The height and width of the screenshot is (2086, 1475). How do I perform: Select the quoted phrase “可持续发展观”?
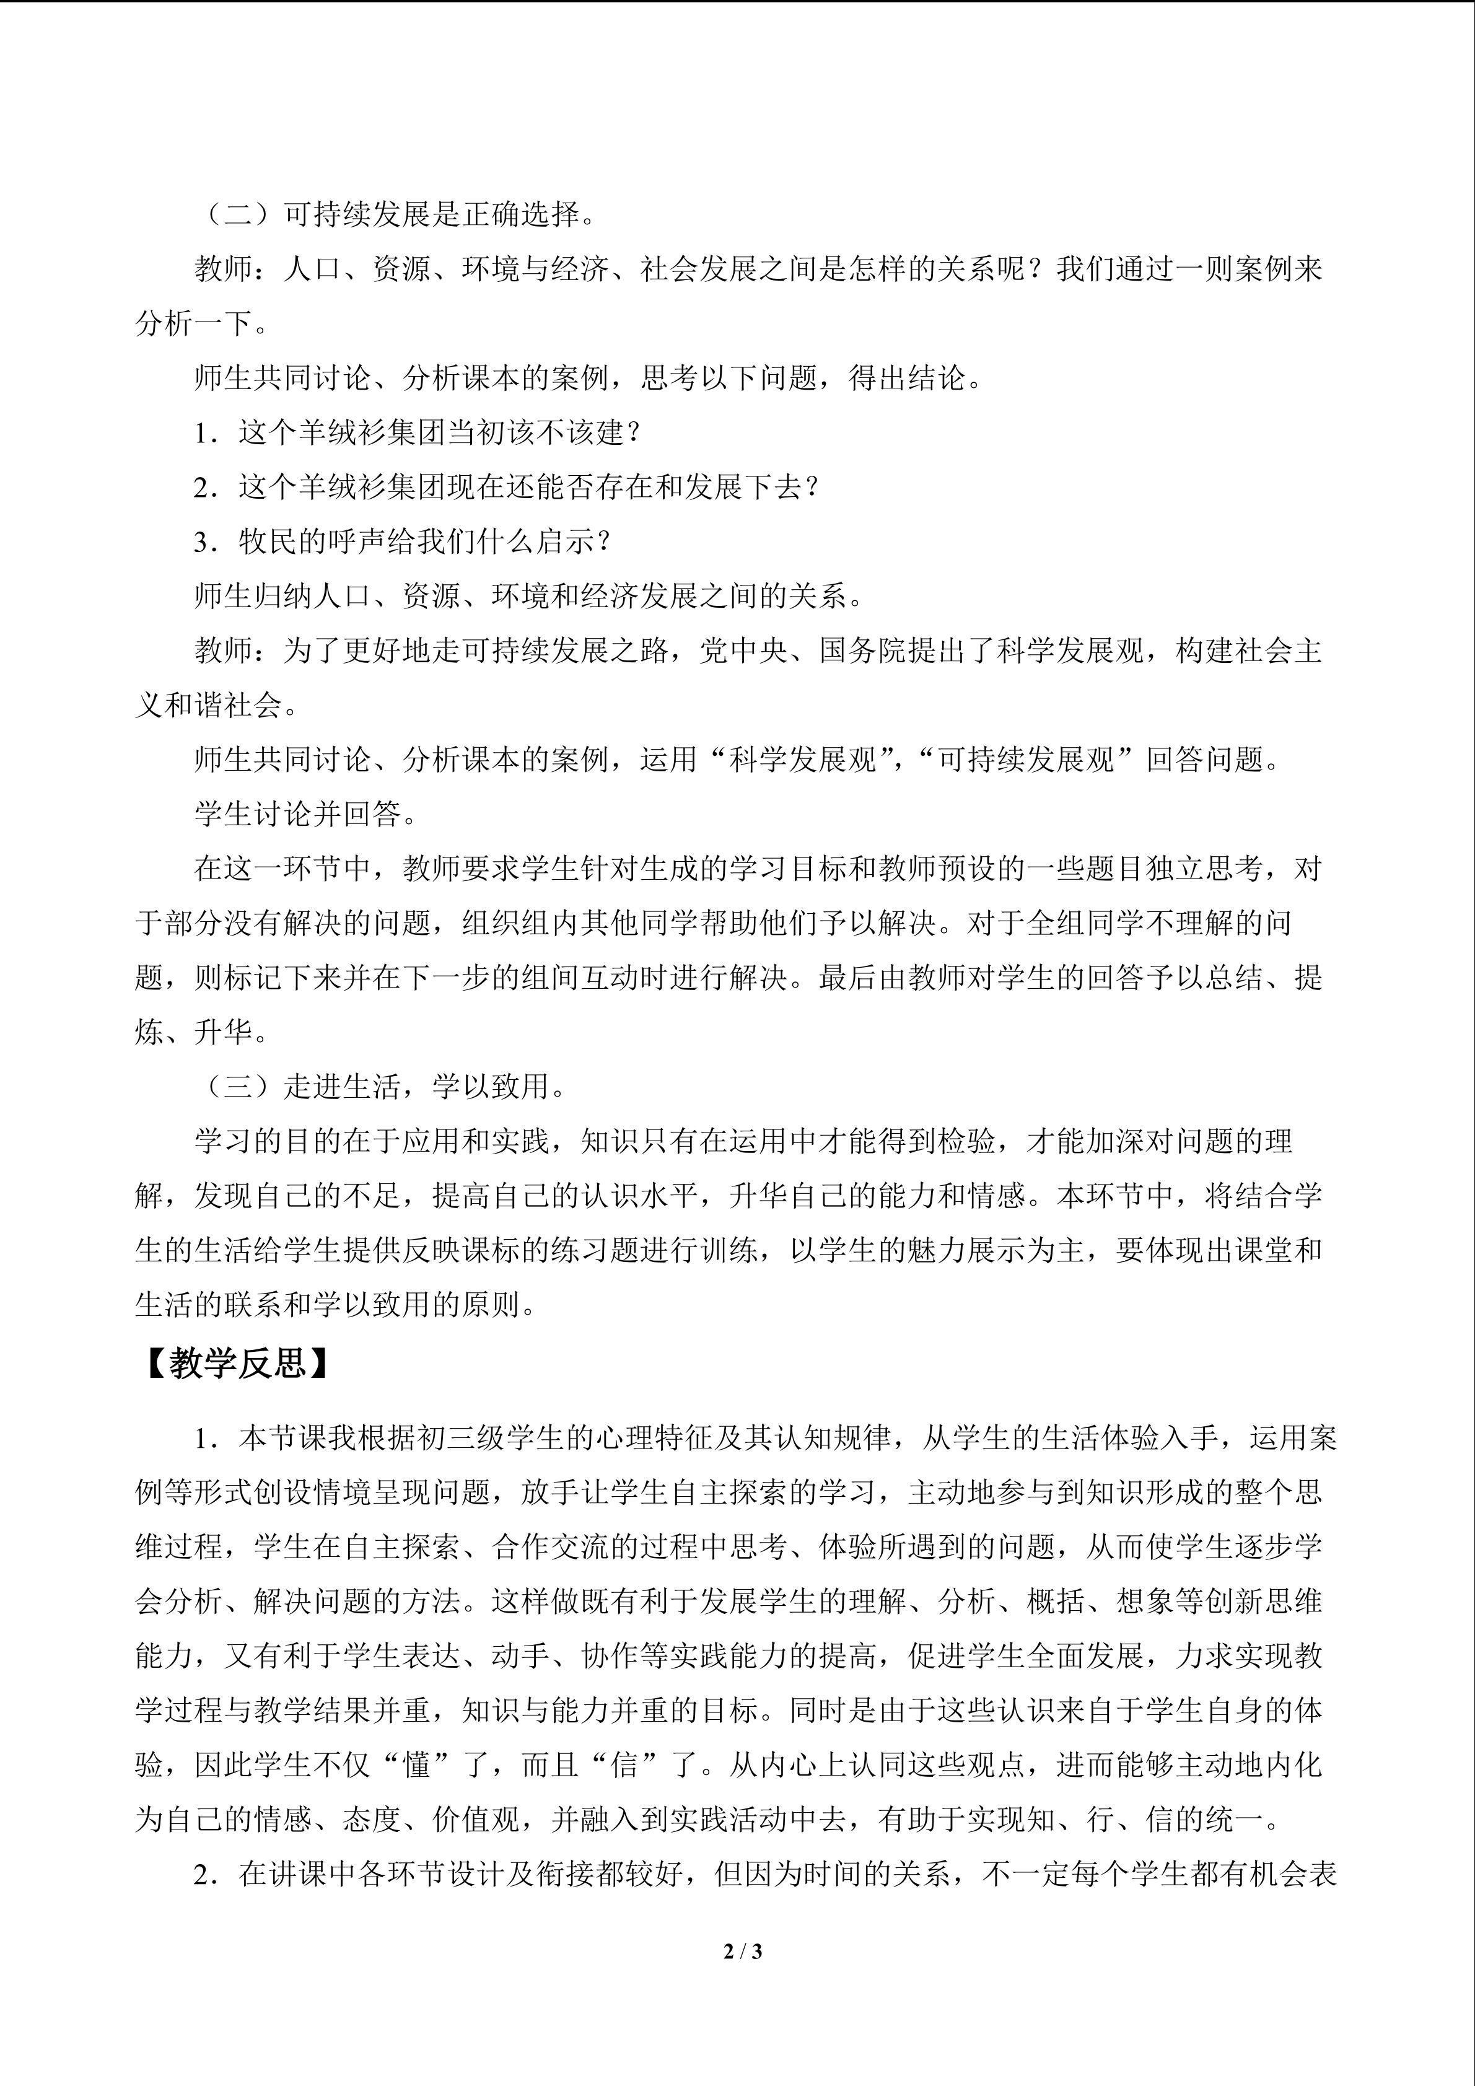[1026, 760]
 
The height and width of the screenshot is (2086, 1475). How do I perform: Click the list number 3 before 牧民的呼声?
[201, 542]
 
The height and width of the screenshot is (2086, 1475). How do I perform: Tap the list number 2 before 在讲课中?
[201, 1875]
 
